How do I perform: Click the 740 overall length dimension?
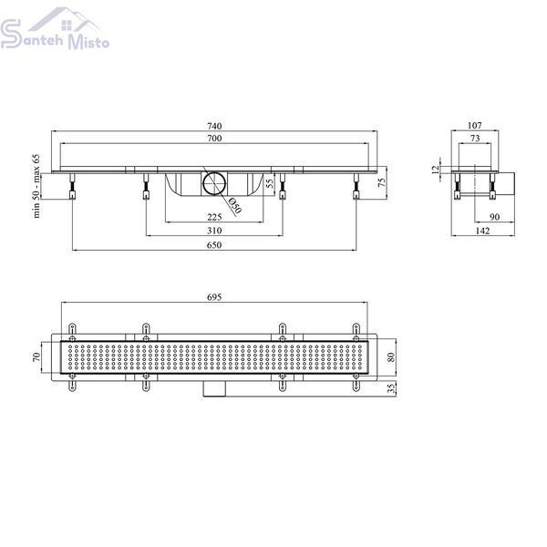point(214,126)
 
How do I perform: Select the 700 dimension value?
point(214,139)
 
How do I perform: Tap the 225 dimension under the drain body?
point(214,217)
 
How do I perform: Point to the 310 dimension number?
point(214,231)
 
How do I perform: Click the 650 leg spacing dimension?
point(214,245)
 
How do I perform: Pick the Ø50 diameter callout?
point(235,206)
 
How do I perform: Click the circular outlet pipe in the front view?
point(215,183)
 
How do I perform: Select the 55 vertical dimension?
point(270,183)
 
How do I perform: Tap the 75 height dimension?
point(383,182)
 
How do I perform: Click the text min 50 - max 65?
point(36,186)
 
